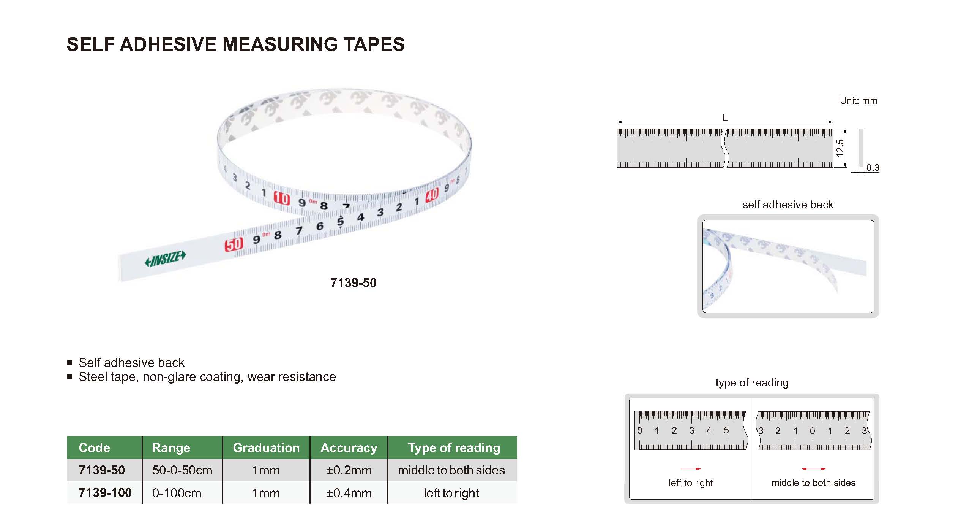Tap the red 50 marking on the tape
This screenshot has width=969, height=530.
[x=234, y=244]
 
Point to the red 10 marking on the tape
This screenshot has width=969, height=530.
[x=282, y=198]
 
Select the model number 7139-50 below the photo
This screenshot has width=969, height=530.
[x=353, y=283]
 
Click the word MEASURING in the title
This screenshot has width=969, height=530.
[x=280, y=44]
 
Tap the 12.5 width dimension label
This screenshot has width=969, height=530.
[x=840, y=148]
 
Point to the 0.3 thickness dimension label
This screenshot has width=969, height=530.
[x=873, y=168]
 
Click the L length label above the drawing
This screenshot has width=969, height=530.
[x=725, y=118]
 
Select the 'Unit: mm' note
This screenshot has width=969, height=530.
[x=859, y=101]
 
